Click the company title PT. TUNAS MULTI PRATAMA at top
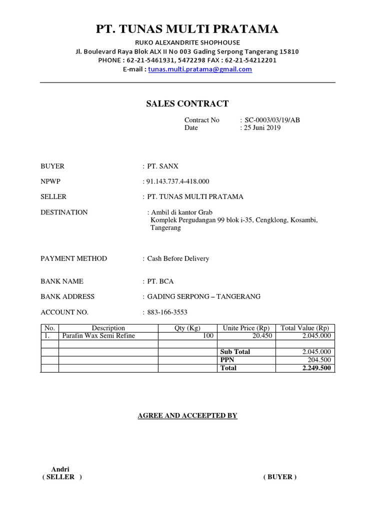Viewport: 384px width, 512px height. tap(187, 29)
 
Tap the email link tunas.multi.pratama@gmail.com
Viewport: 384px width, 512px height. tap(200, 69)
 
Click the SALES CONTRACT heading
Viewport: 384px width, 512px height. tap(187, 104)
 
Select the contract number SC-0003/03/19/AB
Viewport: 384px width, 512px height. tap(272, 120)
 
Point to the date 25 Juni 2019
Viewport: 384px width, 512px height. tap(262, 127)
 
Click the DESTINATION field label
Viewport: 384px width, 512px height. tap(64, 212)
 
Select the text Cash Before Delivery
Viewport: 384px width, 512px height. tap(178, 258)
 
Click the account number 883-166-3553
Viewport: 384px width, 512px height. tap(167, 312)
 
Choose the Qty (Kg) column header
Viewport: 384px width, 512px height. tap(187, 328)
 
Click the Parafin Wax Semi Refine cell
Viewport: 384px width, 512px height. tap(98, 336)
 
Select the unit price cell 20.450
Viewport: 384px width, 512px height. tap(262, 336)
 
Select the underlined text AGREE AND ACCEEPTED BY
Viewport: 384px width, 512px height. tap(187, 415)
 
